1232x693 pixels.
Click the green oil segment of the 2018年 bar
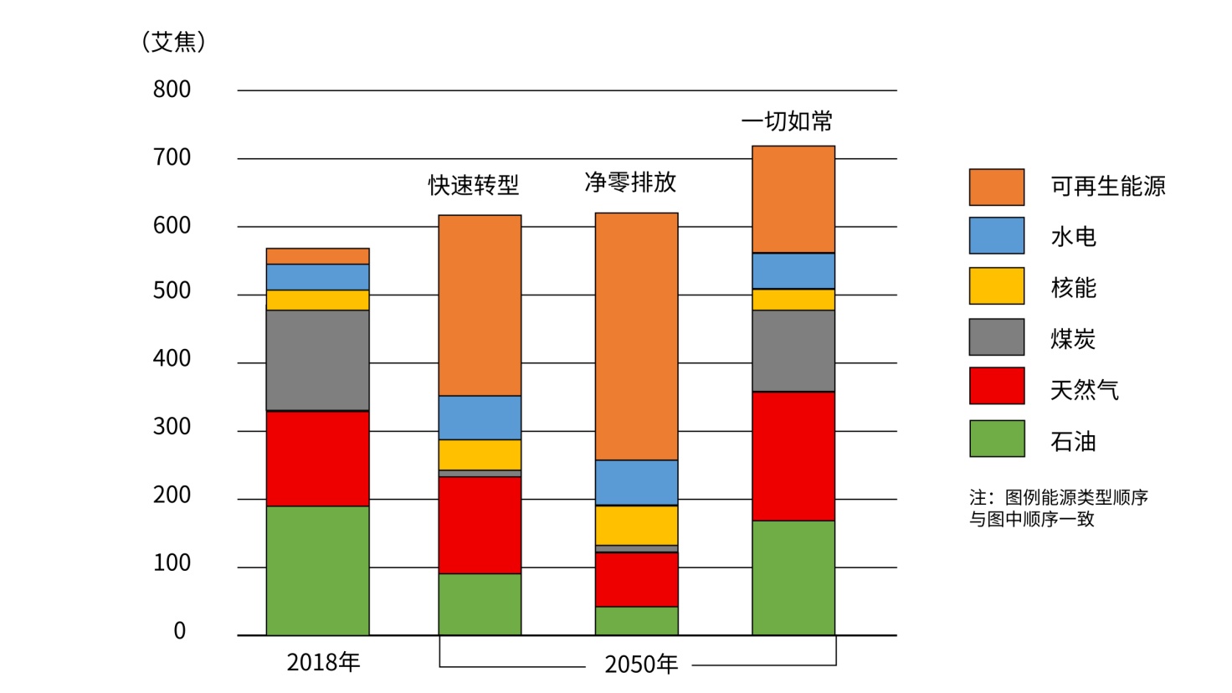[x=317, y=570]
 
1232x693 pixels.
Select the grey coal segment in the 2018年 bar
[x=317, y=360]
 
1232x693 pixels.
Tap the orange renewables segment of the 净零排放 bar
[x=636, y=336]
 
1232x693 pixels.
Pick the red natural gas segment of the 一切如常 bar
[x=793, y=456]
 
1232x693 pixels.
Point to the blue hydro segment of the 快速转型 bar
[x=480, y=417]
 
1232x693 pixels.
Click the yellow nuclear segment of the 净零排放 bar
[x=636, y=525]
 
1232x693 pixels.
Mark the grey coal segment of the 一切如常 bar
[x=793, y=351]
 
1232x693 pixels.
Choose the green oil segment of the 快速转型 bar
[x=480, y=603]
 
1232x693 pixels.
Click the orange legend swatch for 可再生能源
[x=996, y=187]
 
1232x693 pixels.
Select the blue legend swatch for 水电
[x=996, y=236]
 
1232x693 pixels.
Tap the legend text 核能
[x=1073, y=288]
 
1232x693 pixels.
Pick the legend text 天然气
[x=1084, y=390]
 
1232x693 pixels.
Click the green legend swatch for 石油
[x=996, y=439]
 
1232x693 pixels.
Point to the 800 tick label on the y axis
[x=172, y=90]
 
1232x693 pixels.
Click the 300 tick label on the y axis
[x=172, y=427]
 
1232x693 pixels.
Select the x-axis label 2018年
[x=323, y=662]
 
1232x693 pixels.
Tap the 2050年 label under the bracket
[x=641, y=665]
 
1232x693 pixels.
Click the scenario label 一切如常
[x=787, y=121]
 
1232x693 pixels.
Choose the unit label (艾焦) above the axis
[x=173, y=42]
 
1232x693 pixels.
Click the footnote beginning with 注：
[x=1058, y=508]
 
